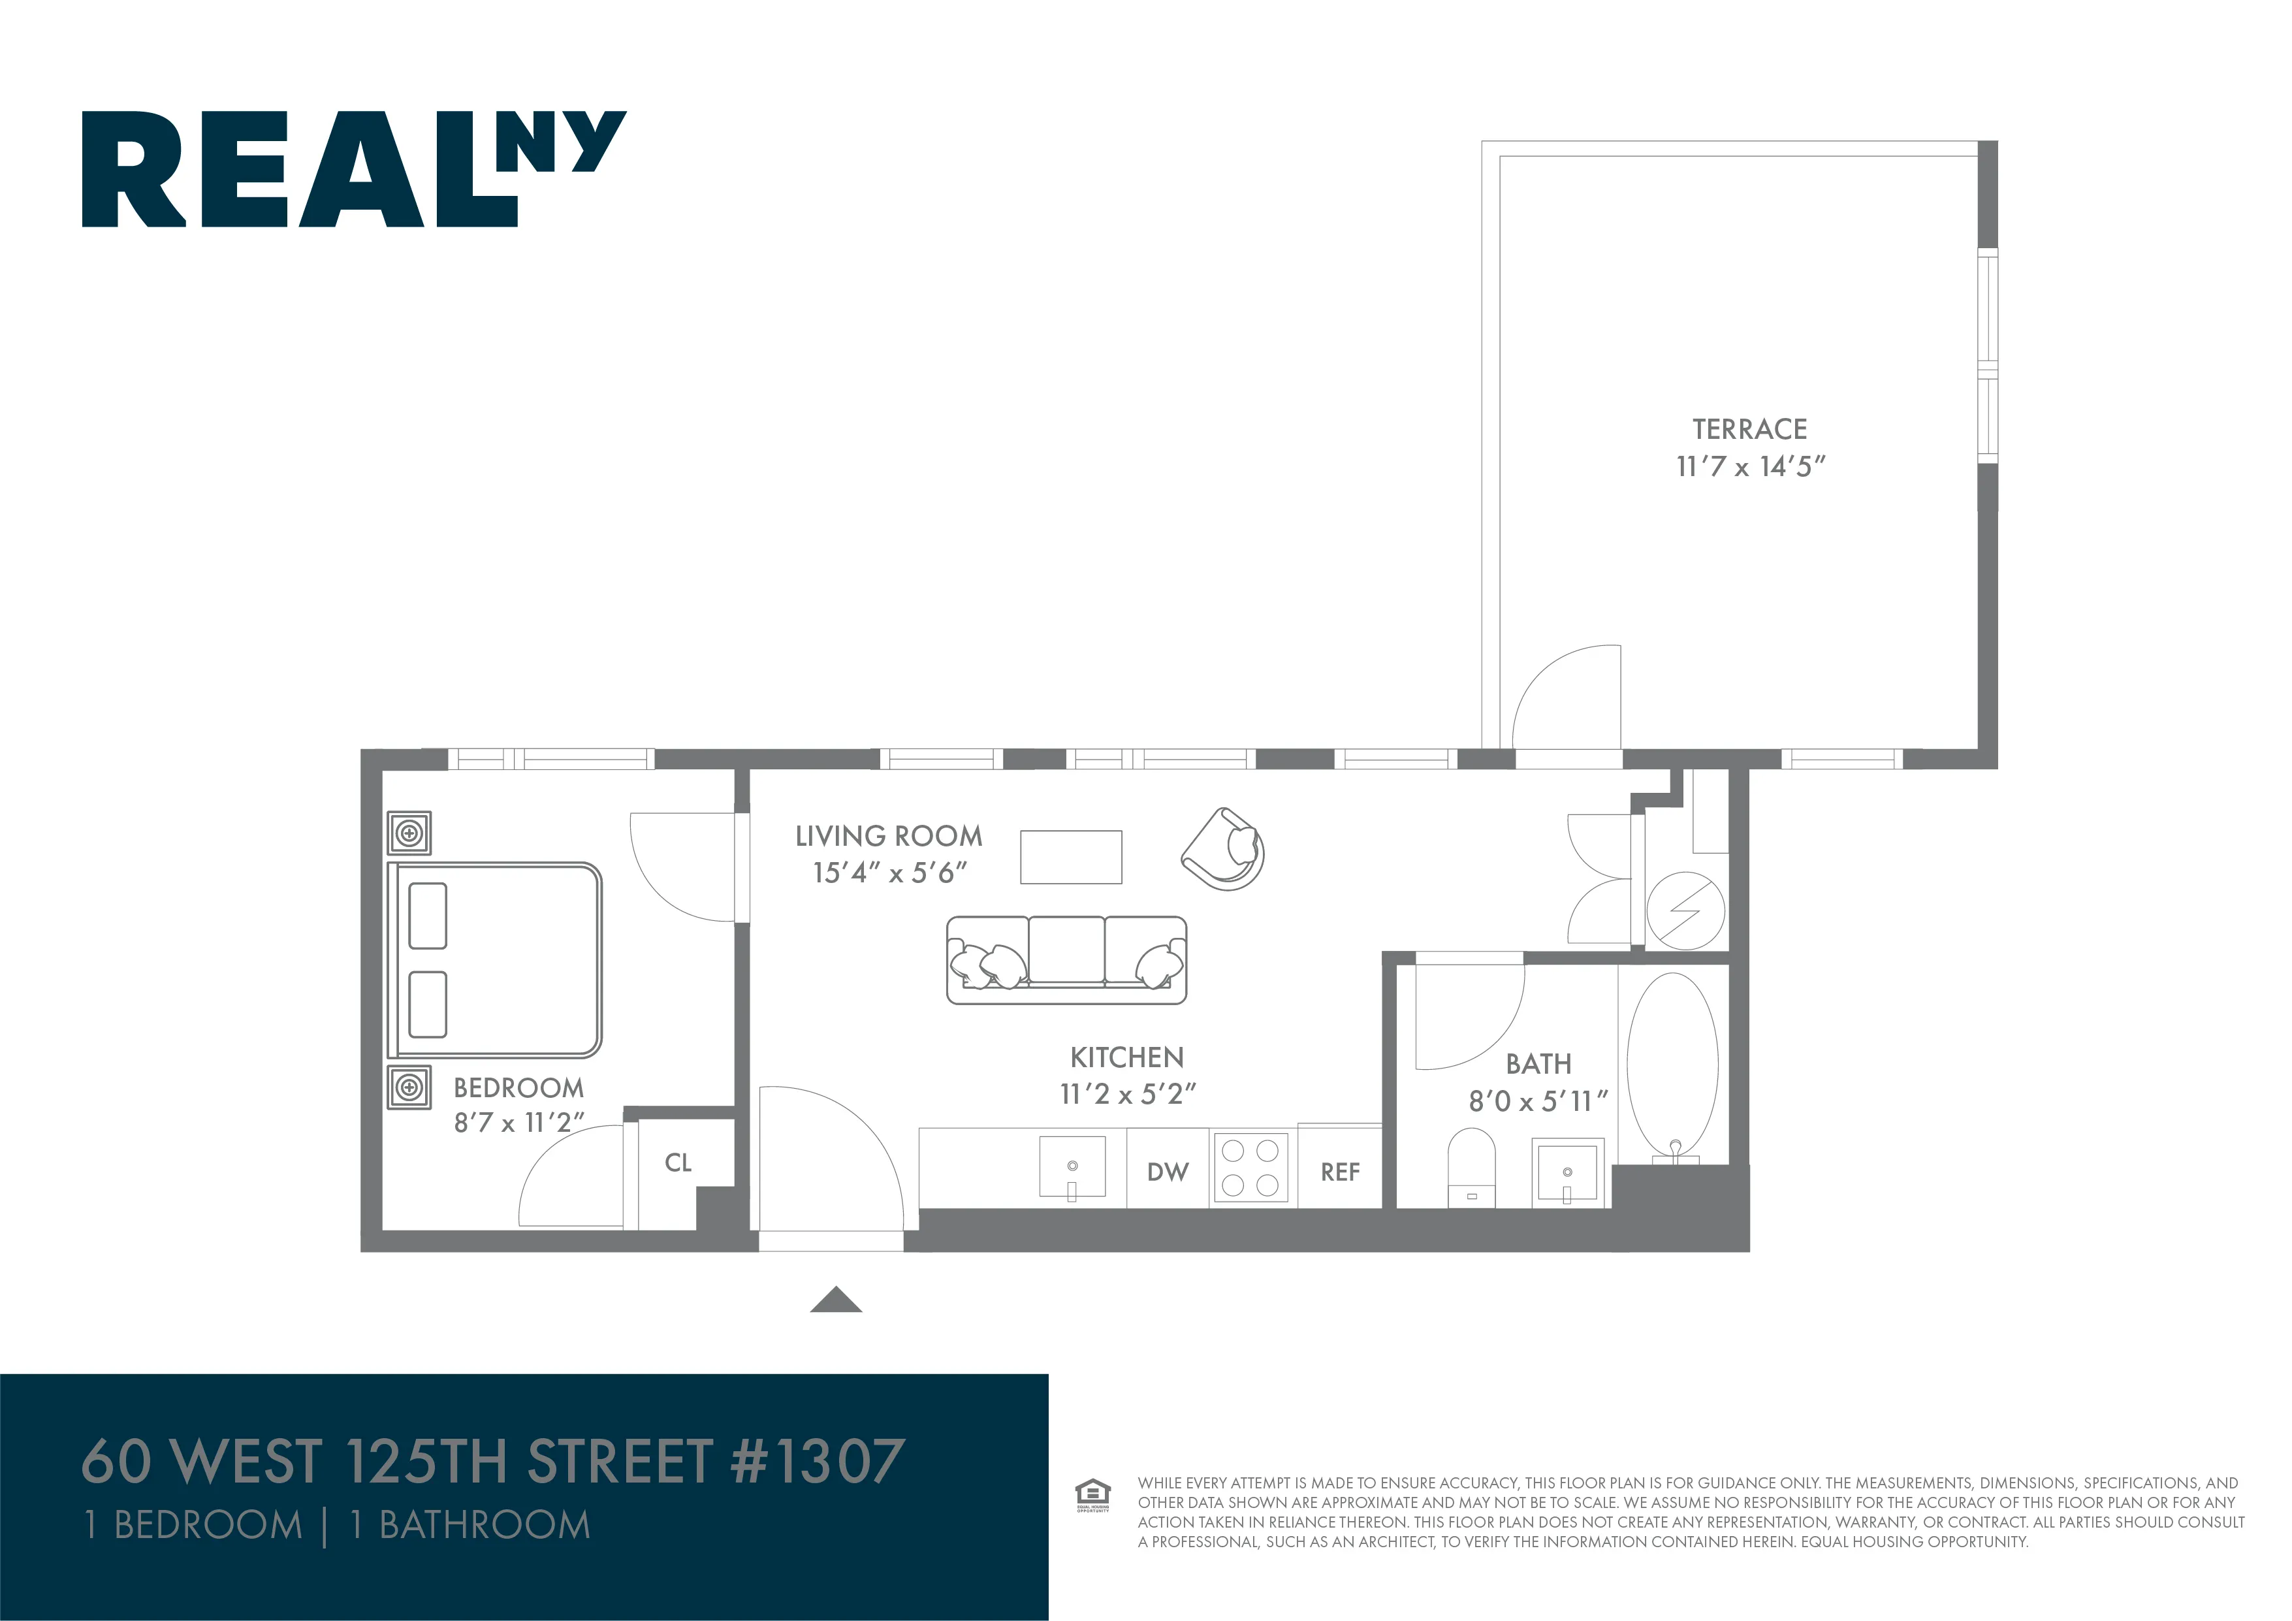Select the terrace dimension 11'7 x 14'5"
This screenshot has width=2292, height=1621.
click(x=1750, y=466)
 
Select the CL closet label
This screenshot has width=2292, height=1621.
click(x=678, y=1162)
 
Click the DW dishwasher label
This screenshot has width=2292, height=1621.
click(x=1167, y=1172)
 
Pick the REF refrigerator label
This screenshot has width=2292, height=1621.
click(x=1340, y=1172)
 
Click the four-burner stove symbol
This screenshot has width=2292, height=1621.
click(x=1251, y=1168)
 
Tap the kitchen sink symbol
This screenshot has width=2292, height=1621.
click(x=1072, y=1166)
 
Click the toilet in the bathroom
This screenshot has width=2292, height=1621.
click(x=1471, y=1166)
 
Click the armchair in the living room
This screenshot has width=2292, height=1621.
click(x=1225, y=850)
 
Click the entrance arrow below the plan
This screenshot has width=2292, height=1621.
click(x=836, y=1300)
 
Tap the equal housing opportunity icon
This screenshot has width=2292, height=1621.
click(x=1092, y=1494)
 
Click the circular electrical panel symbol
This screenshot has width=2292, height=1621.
click(x=1685, y=911)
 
